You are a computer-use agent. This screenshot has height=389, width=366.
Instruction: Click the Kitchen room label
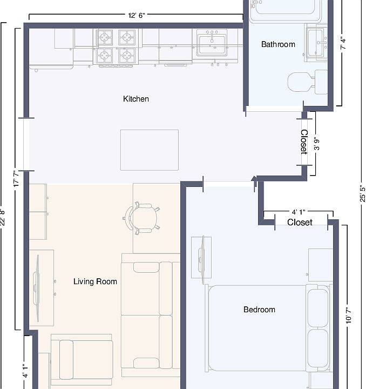136,99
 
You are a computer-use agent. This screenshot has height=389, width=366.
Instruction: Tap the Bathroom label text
278,44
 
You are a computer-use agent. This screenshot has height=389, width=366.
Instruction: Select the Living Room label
95,281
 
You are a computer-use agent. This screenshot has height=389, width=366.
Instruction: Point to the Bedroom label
259,310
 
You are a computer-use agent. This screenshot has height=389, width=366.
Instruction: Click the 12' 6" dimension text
137,15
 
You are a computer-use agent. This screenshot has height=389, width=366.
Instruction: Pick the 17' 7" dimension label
16,179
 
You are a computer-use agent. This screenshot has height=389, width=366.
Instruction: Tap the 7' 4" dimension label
343,43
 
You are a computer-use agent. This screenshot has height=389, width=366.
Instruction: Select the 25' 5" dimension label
362,193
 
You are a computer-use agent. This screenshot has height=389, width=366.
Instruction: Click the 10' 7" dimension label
348,316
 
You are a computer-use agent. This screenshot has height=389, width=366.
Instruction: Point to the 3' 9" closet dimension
317,144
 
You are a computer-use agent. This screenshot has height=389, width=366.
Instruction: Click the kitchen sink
212,43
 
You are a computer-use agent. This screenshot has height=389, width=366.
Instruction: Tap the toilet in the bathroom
307,82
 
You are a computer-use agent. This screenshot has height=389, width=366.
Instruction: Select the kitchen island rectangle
150,150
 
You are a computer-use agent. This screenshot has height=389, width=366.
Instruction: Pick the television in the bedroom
201,259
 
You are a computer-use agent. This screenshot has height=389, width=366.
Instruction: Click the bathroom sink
317,43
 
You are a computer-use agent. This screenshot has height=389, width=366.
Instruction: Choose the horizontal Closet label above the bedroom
300,222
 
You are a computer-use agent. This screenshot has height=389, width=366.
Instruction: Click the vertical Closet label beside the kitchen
304,142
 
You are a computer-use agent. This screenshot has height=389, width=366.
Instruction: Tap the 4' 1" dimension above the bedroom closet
299,212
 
